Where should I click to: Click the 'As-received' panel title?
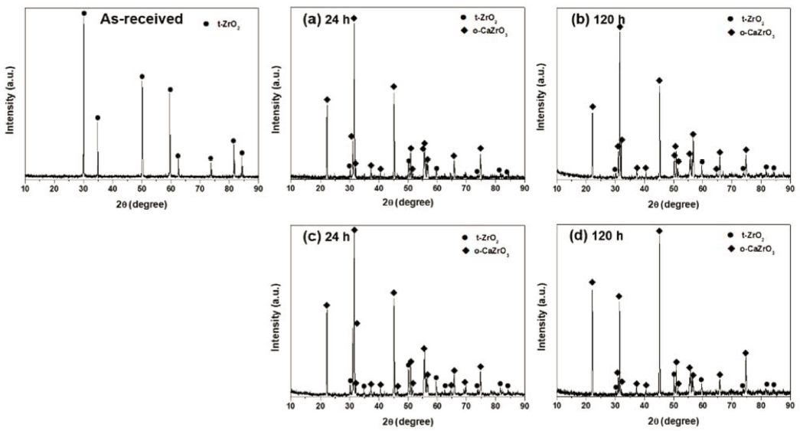point(142,19)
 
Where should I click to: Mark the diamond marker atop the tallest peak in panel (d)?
point(659,230)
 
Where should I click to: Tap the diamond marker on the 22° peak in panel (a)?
point(327,100)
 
